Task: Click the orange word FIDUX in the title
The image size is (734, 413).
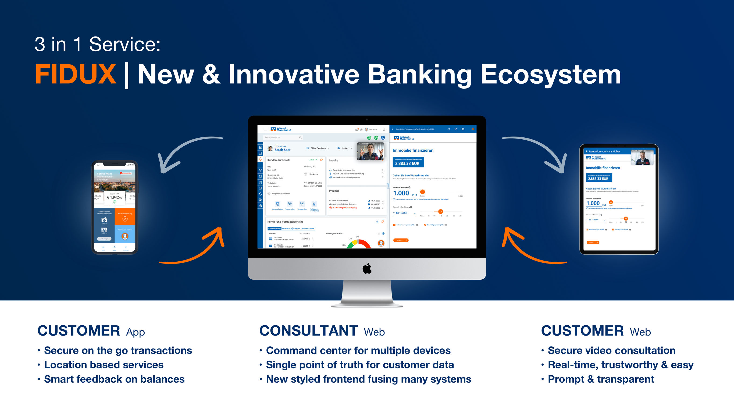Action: [76, 74]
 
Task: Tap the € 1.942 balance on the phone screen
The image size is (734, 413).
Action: [115, 197]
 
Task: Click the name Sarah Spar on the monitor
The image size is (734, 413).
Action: [282, 150]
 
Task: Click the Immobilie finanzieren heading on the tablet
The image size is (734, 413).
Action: [603, 168]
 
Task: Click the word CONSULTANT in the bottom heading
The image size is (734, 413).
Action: [308, 331]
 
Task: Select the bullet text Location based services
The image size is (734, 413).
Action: [104, 365]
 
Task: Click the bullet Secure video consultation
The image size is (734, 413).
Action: [611, 350]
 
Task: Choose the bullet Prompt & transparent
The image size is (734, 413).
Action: [601, 379]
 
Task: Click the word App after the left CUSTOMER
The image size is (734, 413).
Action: [135, 332]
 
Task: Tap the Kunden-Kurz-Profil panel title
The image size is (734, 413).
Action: [278, 160]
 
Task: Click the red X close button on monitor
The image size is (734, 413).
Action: [473, 129]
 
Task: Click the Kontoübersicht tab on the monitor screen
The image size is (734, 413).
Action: [275, 229]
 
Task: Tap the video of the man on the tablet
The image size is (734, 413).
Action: [642, 157]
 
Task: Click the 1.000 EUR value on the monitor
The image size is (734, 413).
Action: [401, 193]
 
